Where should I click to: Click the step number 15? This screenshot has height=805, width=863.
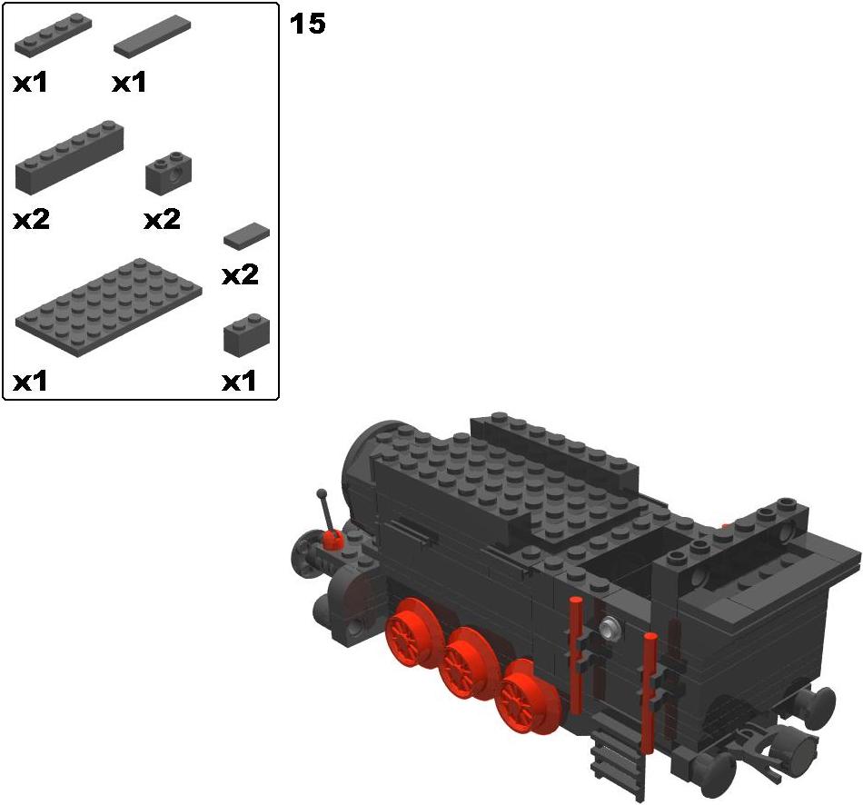[x=308, y=24]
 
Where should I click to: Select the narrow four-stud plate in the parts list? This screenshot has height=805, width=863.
[x=53, y=36]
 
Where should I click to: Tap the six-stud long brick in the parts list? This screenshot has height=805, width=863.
[x=69, y=157]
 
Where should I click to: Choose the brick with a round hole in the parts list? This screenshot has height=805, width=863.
[x=169, y=172]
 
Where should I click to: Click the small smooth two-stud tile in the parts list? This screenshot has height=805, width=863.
[x=246, y=234]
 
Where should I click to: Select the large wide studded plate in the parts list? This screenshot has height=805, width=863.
[x=108, y=307]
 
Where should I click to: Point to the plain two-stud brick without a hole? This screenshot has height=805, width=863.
[x=246, y=334]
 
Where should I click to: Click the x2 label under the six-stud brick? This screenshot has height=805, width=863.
[x=32, y=220]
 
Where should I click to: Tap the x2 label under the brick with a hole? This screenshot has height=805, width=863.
[x=162, y=220]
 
